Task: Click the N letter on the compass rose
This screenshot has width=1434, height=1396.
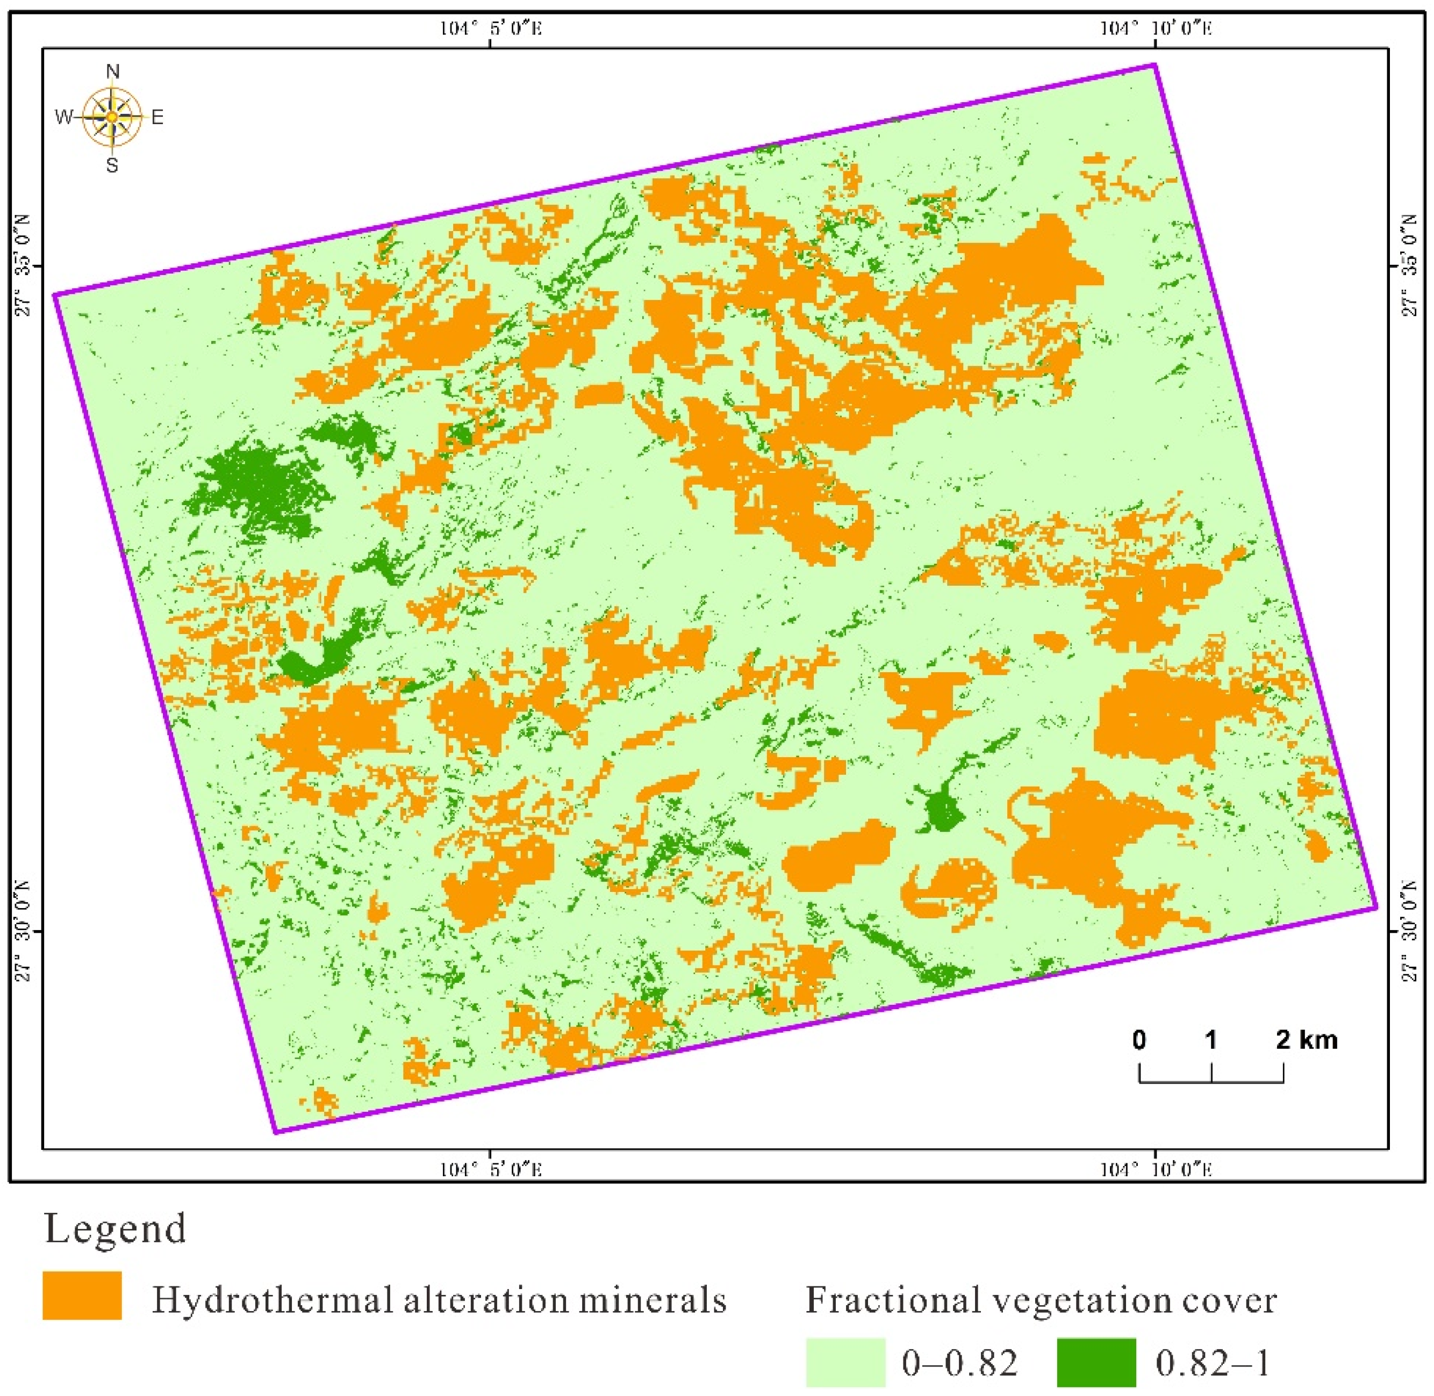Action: (112, 71)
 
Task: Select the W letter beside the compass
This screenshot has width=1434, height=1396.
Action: (64, 117)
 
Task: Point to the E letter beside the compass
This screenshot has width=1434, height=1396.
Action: (157, 117)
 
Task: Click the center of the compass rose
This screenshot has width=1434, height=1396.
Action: (111, 117)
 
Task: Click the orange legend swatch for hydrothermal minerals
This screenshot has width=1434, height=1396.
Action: (82, 1296)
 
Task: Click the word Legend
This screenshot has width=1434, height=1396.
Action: (115, 1229)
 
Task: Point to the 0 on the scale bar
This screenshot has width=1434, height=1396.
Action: (1139, 1040)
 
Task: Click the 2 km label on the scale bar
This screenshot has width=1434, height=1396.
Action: (1307, 1040)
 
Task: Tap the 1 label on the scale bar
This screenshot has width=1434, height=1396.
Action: (1211, 1040)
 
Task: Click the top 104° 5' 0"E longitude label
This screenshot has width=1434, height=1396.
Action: (491, 28)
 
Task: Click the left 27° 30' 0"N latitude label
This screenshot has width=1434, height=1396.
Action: (24, 931)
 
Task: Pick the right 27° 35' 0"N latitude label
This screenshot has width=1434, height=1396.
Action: (1410, 266)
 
